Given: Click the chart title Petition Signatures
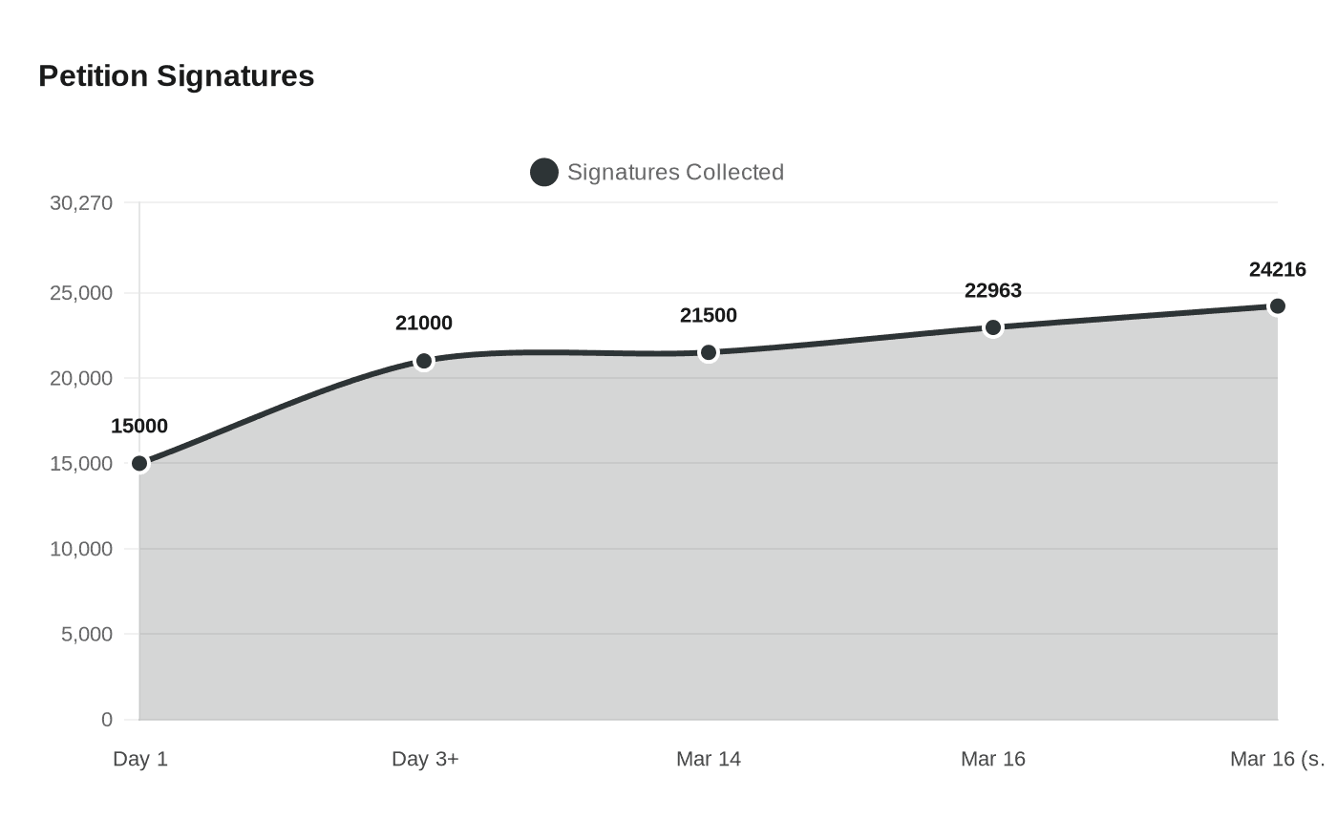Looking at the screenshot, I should click(176, 75).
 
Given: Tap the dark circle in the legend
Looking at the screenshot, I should click(543, 172).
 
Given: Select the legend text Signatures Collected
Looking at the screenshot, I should click(675, 172).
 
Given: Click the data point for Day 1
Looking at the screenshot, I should click(139, 464).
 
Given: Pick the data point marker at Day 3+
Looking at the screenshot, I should click(424, 361).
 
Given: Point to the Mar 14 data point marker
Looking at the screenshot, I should click(709, 353).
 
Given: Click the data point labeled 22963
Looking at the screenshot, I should click(993, 327).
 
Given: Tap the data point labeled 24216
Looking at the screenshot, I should click(1277, 306).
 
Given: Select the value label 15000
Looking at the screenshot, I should click(139, 426).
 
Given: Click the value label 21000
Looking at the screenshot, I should click(424, 323).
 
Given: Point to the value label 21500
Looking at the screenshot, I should click(709, 315).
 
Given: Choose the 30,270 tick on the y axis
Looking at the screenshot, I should click(81, 202).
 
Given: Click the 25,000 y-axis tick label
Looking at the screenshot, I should click(81, 293).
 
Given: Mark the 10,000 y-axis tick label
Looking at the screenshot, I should click(81, 549).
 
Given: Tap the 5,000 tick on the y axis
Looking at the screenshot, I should click(87, 634).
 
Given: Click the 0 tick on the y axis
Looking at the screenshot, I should click(107, 720).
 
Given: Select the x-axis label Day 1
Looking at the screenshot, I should click(140, 759).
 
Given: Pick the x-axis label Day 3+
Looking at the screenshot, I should click(425, 759).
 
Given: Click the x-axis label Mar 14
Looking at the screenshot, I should click(709, 759).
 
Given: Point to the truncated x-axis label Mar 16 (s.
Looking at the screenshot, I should click(1277, 759).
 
